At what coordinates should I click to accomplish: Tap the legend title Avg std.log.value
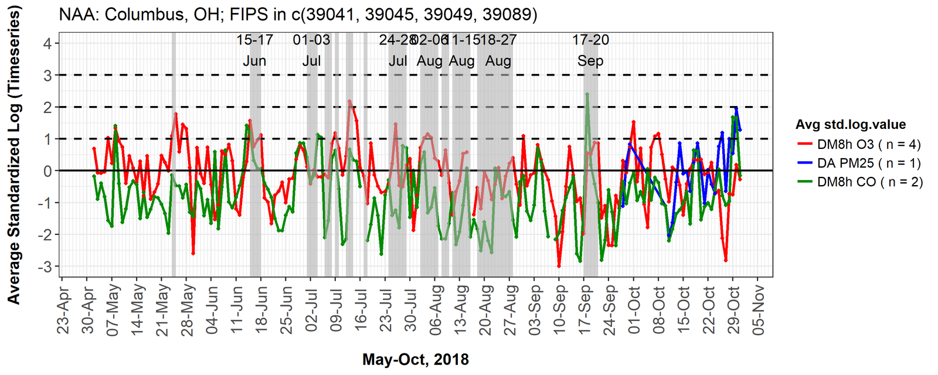(x=850, y=124)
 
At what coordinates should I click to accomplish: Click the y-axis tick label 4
(x=47, y=43)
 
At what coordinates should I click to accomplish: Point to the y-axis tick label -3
(x=45, y=267)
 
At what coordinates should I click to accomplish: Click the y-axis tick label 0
(x=47, y=171)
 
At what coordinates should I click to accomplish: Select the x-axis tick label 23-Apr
(x=63, y=311)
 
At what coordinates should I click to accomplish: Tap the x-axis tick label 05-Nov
(x=759, y=311)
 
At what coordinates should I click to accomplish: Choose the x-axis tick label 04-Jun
(x=212, y=311)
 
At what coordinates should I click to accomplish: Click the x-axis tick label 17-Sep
(x=584, y=311)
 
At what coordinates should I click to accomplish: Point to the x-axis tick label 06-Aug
(x=436, y=311)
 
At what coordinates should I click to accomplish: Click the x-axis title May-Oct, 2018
(x=415, y=359)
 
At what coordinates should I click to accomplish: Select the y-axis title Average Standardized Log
(x=13, y=155)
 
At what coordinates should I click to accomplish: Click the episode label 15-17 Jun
(x=254, y=50)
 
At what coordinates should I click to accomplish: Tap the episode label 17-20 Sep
(x=590, y=50)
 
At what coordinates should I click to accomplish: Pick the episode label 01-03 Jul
(x=311, y=50)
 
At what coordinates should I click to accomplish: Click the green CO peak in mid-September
(x=587, y=94)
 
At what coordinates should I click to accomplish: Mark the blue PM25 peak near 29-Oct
(x=736, y=108)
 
